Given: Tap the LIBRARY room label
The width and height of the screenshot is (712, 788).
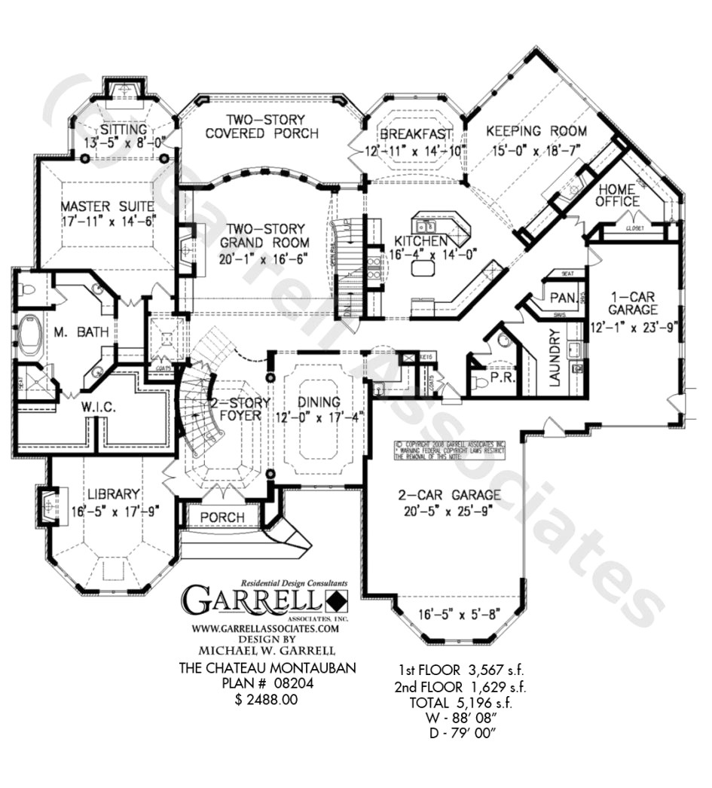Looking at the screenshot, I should coord(113,494).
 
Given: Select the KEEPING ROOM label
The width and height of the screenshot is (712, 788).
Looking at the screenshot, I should coord(536,130).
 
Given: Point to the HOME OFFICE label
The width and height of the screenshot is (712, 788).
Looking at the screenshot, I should coord(618,195).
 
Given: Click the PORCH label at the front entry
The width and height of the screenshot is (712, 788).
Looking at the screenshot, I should coord(223,518).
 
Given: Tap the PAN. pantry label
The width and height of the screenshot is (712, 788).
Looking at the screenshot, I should coord(564,298).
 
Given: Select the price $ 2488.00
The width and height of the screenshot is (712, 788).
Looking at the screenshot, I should coord(267,700).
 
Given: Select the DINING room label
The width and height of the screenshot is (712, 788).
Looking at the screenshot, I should coord(318,402).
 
